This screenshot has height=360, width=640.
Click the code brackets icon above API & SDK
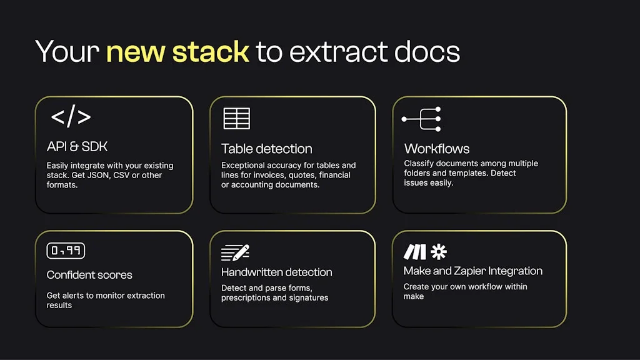tap(71, 117)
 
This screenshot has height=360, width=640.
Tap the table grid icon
tap(236, 118)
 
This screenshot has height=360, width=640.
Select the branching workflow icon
tap(422, 119)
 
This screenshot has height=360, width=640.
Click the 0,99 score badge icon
tap(66, 251)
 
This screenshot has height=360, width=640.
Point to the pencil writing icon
tap(236, 252)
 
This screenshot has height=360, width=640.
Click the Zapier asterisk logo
tap(439, 252)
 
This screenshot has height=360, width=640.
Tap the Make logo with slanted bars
tap(414, 252)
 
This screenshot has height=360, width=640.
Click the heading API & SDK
tap(77, 146)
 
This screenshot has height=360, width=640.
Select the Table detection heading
tap(266, 149)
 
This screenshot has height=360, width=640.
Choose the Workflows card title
tap(436, 149)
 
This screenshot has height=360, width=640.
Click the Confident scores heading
tap(89, 275)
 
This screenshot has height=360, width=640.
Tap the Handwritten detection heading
tap(276, 272)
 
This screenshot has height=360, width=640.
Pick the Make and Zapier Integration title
tap(472, 271)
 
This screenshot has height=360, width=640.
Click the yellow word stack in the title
tap(211, 52)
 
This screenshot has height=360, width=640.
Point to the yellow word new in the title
tap(136, 52)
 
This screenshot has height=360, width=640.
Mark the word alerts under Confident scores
tap(76, 296)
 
